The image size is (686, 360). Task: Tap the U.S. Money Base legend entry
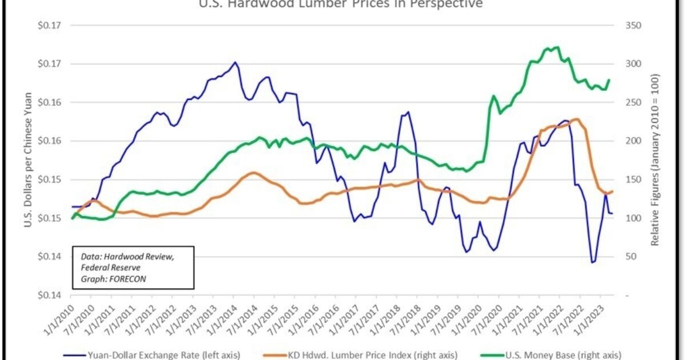click(563, 355)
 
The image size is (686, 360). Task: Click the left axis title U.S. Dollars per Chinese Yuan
click(27, 160)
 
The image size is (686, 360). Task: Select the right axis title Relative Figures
click(655, 160)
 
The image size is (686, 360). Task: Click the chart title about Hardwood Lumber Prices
click(340, 5)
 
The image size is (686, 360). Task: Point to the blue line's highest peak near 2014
click(234, 62)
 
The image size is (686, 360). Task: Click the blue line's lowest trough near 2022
click(593, 262)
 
